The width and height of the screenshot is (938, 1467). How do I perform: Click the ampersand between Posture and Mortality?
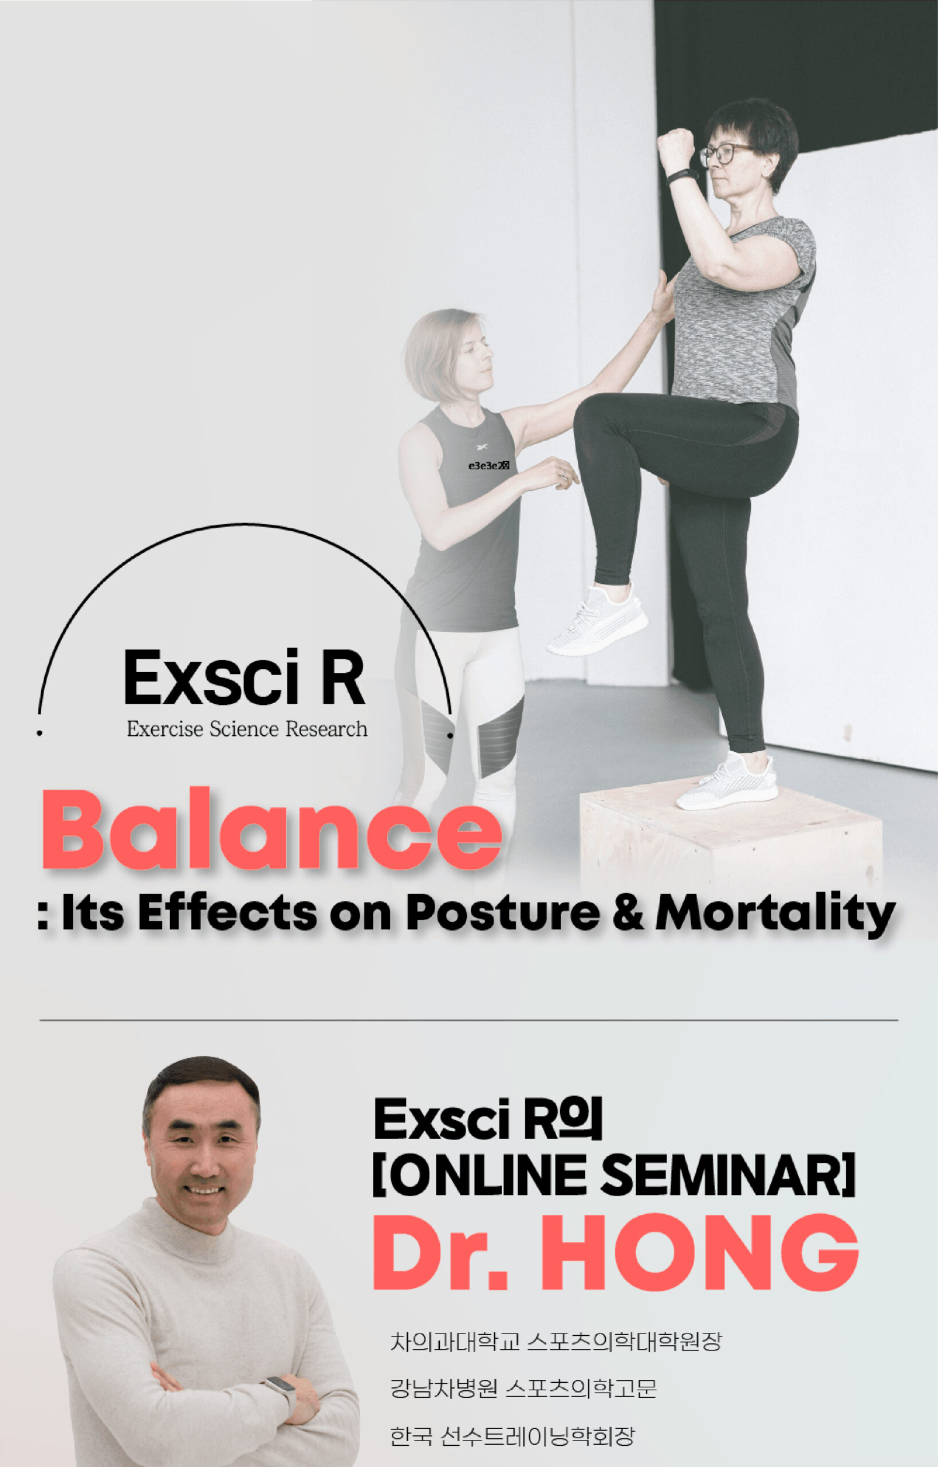click(x=628, y=912)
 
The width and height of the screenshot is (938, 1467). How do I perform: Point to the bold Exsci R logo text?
click(x=245, y=678)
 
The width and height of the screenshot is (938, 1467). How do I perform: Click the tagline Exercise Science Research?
click(x=247, y=729)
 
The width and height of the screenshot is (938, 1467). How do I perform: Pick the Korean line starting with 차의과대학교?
click(x=556, y=1342)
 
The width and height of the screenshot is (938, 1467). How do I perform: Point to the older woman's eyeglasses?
click(x=725, y=154)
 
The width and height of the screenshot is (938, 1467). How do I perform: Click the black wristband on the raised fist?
click(x=681, y=176)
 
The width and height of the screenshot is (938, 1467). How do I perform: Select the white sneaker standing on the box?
click(x=727, y=780)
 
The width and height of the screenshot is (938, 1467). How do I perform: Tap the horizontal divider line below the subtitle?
click(x=468, y=1019)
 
